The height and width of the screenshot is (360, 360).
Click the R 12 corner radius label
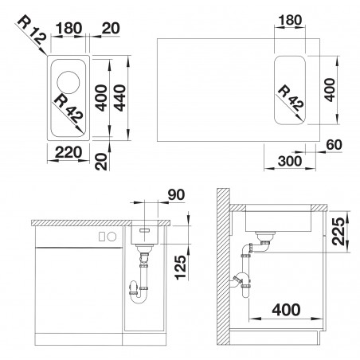pyautogui.click(x=33, y=31)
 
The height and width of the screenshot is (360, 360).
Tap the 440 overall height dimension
pyautogui.click(x=119, y=98)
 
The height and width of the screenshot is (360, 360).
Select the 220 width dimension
pyautogui.click(x=68, y=152)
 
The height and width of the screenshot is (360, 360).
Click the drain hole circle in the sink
pyautogui.click(x=68, y=82)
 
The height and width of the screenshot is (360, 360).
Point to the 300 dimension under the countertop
pyautogui.click(x=290, y=161)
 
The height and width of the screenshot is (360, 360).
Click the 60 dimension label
pyautogui.click(x=334, y=145)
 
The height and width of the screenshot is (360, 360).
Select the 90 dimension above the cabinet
pyautogui.click(x=176, y=194)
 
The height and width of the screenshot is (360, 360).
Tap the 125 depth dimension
pyautogui.click(x=181, y=267)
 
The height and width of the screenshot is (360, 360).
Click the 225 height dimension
pyautogui.click(x=338, y=231)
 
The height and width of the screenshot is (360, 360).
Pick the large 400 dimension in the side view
pyautogui.click(x=286, y=310)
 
